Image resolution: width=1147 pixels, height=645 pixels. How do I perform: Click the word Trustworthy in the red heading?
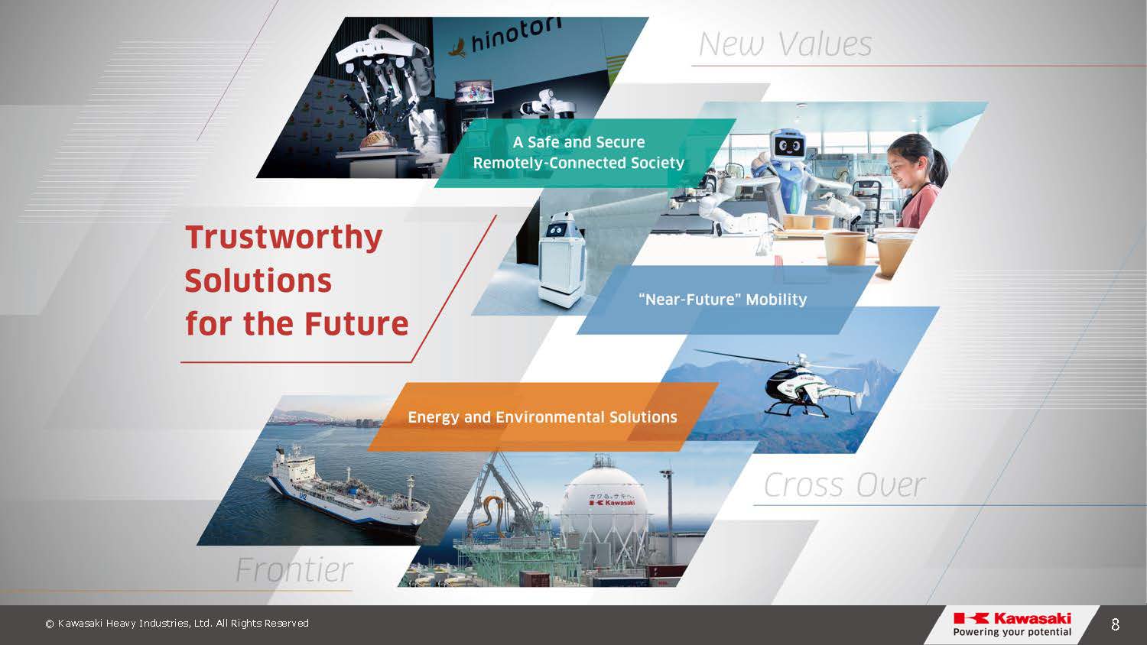tap(284, 238)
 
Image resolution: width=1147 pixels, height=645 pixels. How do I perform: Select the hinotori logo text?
tap(515, 36)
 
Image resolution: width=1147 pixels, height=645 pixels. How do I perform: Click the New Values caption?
tap(785, 44)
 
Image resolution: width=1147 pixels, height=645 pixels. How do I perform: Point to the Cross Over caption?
tap(845, 485)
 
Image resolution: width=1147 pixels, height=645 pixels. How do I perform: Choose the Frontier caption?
tap(294, 570)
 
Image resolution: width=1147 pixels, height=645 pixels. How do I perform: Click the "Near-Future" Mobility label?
tap(723, 300)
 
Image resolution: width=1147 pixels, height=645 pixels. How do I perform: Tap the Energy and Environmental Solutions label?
tap(542, 417)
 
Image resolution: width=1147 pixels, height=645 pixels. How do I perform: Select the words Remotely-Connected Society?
tap(579, 163)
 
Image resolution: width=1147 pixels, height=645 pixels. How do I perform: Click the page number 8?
tap(1115, 624)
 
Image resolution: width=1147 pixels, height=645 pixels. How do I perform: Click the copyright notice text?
tap(177, 624)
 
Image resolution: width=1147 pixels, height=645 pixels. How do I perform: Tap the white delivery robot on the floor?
tap(562, 258)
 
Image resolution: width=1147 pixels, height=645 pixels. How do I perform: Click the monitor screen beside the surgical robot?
tap(474, 92)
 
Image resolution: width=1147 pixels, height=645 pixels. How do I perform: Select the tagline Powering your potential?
tap(1012, 632)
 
